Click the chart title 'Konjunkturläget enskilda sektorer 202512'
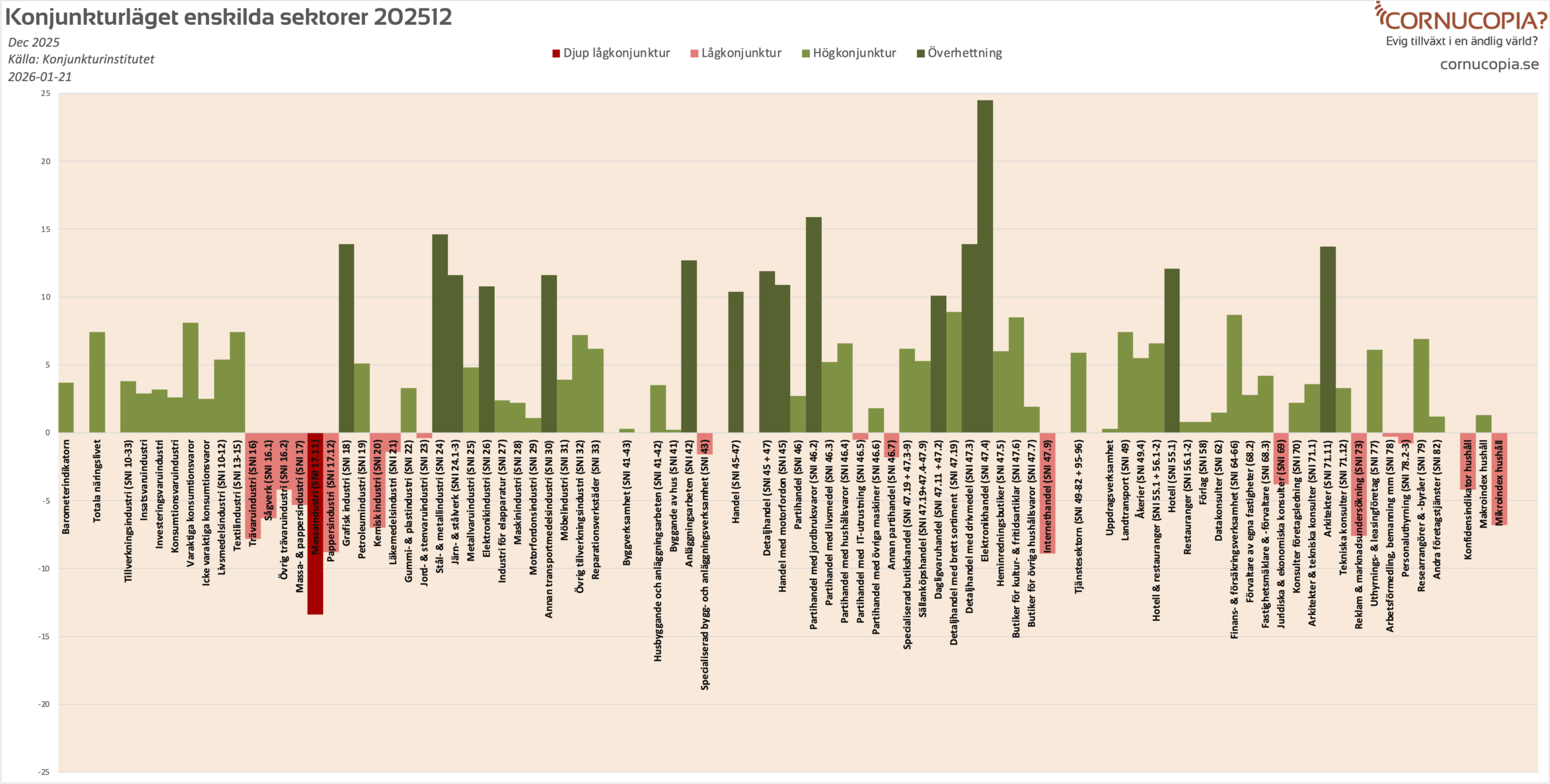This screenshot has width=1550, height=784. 228,17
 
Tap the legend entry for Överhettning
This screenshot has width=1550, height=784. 959,53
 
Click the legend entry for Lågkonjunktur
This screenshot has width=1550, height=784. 736,53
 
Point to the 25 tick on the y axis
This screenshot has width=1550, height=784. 45,93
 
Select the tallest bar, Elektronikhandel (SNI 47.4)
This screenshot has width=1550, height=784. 985,266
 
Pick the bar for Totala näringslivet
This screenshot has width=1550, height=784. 97,382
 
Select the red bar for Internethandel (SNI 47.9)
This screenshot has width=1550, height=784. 1047,493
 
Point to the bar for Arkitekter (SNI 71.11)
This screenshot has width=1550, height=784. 1328,340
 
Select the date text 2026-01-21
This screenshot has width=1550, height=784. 40,77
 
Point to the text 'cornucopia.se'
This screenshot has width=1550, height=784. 1489,64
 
